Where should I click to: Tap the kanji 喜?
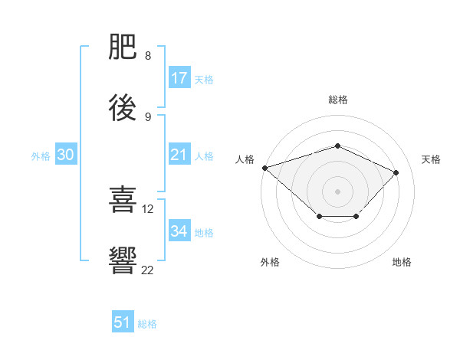[123, 200]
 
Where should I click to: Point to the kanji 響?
[123, 260]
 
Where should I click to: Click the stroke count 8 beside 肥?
[148, 56]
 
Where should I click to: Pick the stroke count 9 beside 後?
[148, 116]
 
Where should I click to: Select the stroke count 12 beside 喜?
[148, 208]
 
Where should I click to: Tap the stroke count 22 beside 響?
[148, 269]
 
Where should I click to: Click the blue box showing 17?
[179, 78]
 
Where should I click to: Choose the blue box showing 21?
[179, 155]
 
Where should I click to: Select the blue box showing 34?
[179, 231]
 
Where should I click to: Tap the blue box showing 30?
[66, 155]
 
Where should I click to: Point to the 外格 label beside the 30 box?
[41, 156]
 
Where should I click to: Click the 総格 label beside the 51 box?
[147, 324]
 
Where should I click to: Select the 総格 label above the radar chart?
[337, 100]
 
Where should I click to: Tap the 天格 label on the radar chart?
[431, 159]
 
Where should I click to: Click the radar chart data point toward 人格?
[264, 167]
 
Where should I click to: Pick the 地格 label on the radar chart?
[402, 262]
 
